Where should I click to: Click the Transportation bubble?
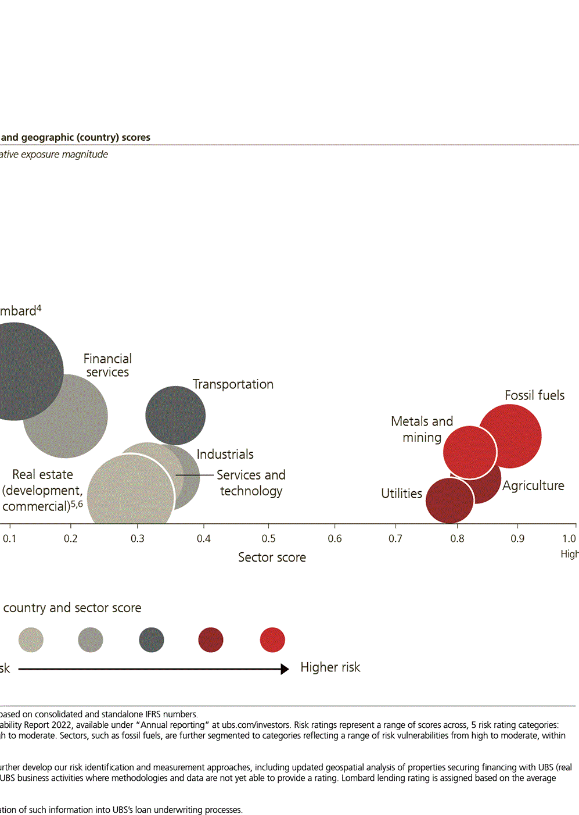tap(175, 416)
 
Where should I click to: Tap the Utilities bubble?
tap(448, 501)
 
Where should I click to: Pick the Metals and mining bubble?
tap(469, 452)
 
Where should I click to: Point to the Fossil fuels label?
tap(534, 395)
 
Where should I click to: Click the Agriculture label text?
tap(533, 485)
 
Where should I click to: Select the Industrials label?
tap(225, 454)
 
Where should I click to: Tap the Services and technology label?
tap(251, 482)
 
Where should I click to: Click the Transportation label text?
tap(233, 384)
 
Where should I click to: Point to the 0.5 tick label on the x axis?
tap(268, 539)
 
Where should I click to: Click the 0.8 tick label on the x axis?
tap(457, 539)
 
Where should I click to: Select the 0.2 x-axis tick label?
tap(70, 539)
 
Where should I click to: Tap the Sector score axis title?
tap(272, 557)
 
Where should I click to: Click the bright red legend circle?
tap(272, 640)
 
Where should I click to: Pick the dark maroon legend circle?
tap(211, 640)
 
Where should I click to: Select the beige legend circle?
tap(31, 640)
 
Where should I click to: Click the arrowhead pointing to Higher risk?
tap(285, 669)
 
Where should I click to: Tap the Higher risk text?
tap(330, 667)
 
